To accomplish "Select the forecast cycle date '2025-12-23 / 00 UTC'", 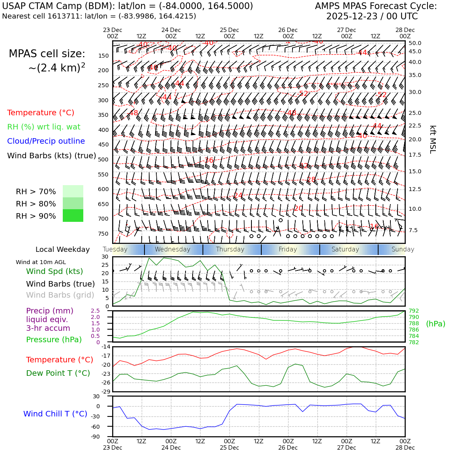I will click(x=372, y=17).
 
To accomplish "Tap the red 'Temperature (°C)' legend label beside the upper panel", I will click(x=41, y=113).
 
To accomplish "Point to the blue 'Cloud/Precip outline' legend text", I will click(x=46, y=141).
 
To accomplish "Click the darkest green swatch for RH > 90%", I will click(x=73, y=216).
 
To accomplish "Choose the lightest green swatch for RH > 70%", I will click(x=73, y=191).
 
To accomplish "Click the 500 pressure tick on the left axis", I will click(x=103, y=160).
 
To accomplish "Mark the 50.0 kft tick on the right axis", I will click(x=415, y=43).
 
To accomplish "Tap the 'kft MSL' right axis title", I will click(x=433, y=139).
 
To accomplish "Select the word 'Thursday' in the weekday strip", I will click(x=230, y=249).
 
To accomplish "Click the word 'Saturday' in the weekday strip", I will click(x=345, y=249).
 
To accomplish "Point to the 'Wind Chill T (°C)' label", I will click(x=55, y=414).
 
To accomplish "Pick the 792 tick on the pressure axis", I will click(x=414, y=311).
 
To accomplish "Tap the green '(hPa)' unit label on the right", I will click(x=435, y=324).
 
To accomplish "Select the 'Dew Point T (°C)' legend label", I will click(x=58, y=373).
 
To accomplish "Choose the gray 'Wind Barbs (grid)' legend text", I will click(x=60, y=295).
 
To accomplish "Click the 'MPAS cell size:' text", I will click(x=47, y=54).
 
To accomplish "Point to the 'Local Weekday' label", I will click(x=63, y=249).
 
